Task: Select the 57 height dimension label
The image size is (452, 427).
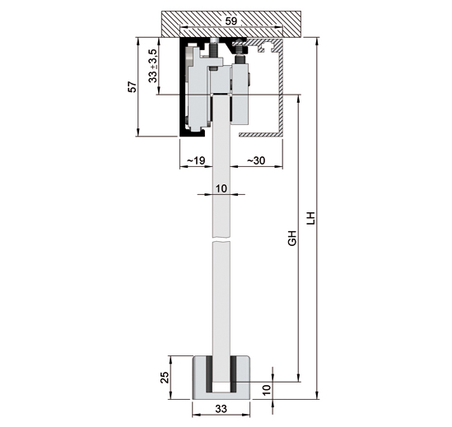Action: pos(133,86)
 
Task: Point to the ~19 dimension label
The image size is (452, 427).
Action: pos(195,161)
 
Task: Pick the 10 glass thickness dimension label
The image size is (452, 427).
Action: pos(220,188)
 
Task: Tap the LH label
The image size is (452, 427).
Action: pos(310,219)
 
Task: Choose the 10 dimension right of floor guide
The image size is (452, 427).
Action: pos(265,388)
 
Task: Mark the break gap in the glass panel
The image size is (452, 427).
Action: pos(220,240)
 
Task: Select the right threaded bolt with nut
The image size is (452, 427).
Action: pos(242,53)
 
